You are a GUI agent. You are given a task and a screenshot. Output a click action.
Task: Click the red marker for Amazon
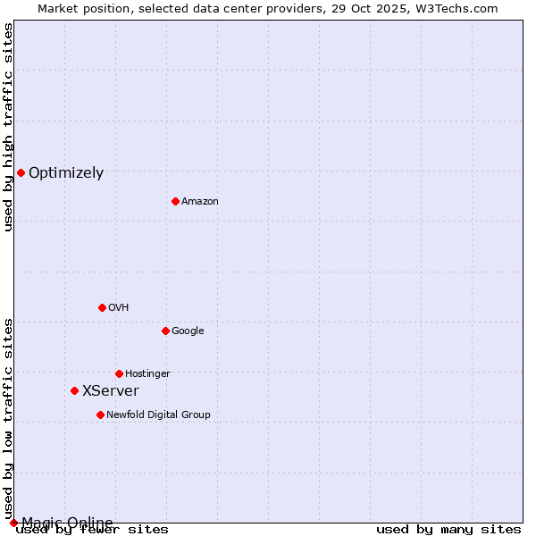coord(175,201)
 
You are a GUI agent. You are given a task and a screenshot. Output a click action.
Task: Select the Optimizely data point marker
coord(21,172)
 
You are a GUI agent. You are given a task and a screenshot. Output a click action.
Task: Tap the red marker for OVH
coord(102,307)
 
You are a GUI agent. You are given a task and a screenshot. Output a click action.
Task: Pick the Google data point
coord(165,331)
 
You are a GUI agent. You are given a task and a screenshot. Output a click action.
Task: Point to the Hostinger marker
coord(119,373)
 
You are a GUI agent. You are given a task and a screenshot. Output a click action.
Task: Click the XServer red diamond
coord(74,390)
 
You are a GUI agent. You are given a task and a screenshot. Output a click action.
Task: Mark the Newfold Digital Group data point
coord(100,415)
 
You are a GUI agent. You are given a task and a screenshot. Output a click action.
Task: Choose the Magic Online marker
coord(13,523)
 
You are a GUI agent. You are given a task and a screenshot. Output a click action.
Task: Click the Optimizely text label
coord(66,173)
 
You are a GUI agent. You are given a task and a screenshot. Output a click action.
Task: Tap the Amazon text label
coord(200,202)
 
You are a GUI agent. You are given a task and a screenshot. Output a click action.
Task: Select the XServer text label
coord(111,391)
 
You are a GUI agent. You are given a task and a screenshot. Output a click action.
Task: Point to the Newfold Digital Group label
coord(158,415)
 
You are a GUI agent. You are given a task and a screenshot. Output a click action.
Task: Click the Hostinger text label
coord(147,373)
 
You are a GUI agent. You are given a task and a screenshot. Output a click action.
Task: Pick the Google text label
coord(188,331)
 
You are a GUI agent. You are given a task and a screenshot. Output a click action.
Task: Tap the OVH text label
coord(119,308)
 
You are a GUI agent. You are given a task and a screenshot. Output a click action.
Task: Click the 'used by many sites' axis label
coord(448,529)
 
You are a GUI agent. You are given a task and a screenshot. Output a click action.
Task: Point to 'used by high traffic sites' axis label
coord(9,127)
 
